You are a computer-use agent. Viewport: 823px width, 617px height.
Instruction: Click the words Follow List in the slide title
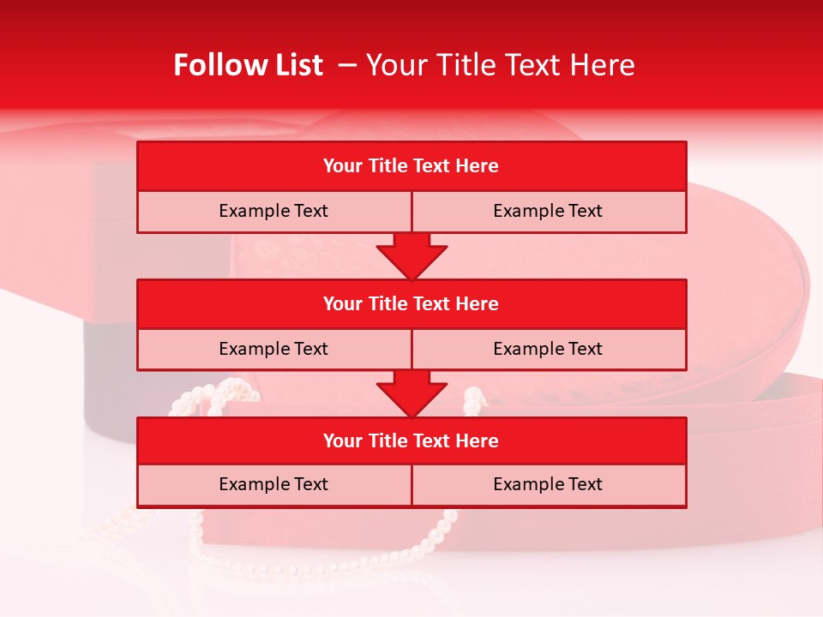pyautogui.click(x=248, y=65)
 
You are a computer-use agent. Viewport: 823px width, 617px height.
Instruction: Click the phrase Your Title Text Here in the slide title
pyautogui.click(x=501, y=65)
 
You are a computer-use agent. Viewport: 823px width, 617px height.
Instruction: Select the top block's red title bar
pyautogui.click(x=411, y=166)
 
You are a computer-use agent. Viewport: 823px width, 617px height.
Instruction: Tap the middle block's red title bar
pyautogui.click(x=411, y=303)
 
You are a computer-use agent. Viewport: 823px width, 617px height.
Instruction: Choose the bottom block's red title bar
pyautogui.click(x=411, y=440)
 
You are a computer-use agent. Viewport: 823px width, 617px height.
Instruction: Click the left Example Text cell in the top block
pyautogui.click(x=273, y=211)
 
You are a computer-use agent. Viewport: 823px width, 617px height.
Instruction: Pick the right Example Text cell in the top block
pyautogui.click(x=548, y=211)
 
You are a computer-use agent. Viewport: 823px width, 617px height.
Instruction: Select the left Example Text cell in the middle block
pyautogui.click(x=273, y=349)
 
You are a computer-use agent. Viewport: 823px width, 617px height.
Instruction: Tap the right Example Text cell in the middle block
pyautogui.click(x=548, y=349)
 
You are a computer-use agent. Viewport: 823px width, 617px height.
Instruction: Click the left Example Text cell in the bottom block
pyautogui.click(x=273, y=484)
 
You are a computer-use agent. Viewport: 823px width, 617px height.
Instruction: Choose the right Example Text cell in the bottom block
pyautogui.click(x=548, y=484)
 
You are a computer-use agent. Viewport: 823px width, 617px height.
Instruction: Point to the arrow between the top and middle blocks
pyautogui.click(x=411, y=256)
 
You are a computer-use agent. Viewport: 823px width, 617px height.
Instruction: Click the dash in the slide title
pyautogui.click(x=347, y=65)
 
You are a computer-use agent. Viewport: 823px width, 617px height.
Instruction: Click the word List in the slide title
pyautogui.click(x=296, y=65)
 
